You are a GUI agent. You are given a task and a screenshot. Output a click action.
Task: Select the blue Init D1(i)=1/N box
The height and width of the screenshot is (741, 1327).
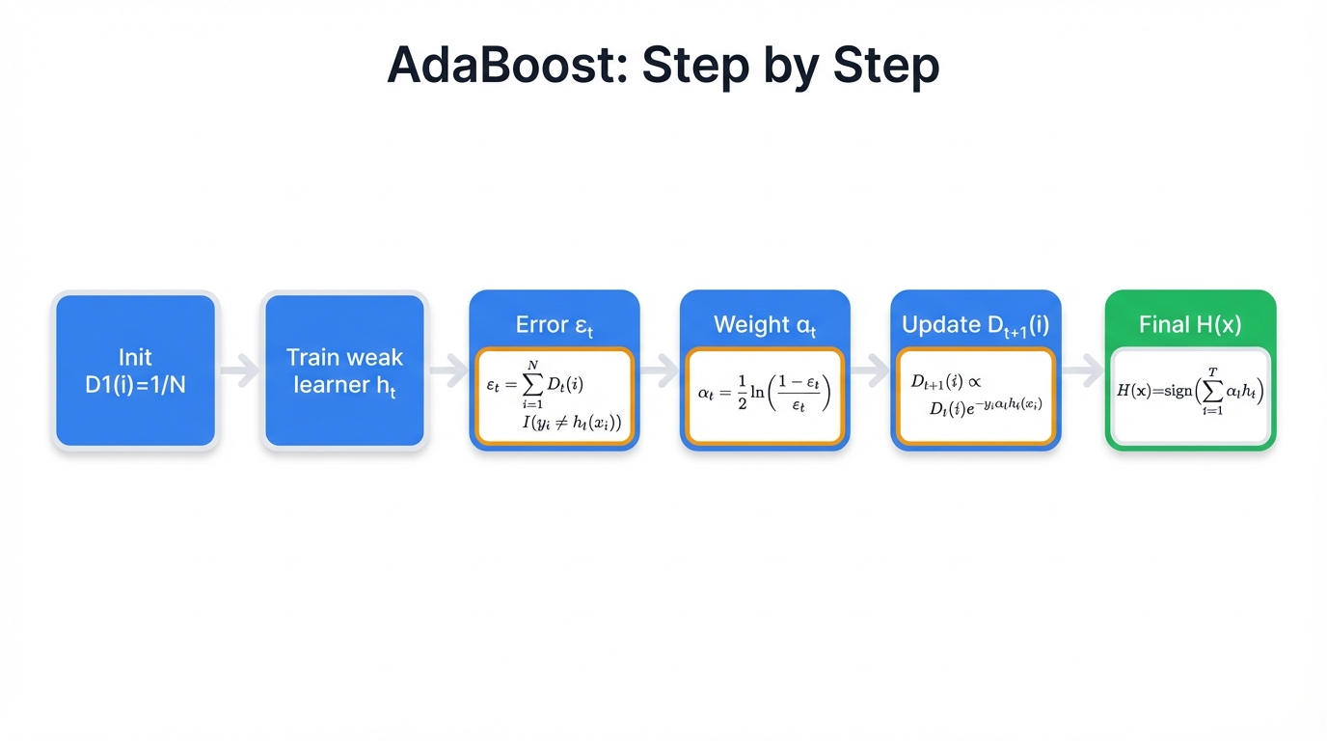135,370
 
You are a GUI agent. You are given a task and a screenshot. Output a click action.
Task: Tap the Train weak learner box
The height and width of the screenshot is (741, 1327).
344,370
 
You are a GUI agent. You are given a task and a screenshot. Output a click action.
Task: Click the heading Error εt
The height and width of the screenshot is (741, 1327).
554,325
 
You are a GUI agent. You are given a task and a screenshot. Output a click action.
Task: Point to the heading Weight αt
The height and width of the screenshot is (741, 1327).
764,325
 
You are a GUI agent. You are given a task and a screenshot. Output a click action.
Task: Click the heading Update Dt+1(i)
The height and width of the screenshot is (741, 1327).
975,325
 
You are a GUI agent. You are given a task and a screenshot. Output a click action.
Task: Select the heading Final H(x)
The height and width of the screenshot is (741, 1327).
1190,324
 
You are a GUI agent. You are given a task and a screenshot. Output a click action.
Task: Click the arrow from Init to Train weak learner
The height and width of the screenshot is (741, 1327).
240,370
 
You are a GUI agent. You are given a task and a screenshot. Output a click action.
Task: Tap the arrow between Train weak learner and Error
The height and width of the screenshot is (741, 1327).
448,370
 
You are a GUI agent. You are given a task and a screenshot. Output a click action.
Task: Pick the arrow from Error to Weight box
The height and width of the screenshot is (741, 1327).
659,370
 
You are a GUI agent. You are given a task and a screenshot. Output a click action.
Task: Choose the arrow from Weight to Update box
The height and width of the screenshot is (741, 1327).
870,370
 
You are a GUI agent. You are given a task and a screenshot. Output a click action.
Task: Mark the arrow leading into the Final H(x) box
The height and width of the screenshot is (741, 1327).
1082,370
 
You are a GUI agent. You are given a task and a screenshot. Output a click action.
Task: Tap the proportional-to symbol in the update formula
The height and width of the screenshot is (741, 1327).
974,382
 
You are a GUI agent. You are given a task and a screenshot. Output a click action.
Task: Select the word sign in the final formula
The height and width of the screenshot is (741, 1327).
1171,391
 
